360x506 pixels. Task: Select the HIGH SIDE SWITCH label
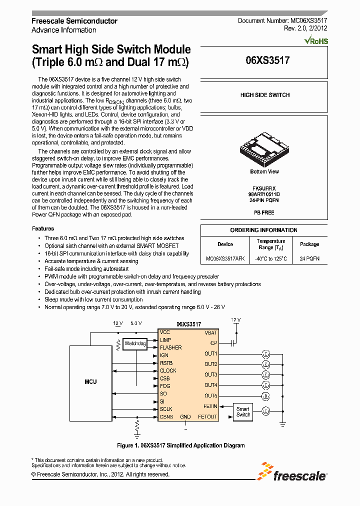pos(264,95)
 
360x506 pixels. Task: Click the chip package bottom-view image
pos(264,148)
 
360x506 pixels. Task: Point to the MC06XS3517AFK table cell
pos(225,258)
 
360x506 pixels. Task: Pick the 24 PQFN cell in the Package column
pos(309,258)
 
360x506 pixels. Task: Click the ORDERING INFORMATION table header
pos(263,230)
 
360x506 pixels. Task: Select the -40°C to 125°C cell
pos(270,258)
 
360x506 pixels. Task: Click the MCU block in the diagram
pos(90,381)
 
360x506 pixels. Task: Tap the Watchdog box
pos(135,343)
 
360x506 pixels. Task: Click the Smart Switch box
pos(243,411)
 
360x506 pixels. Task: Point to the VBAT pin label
pos(210,332)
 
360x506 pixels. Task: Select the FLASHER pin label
pos(170,347)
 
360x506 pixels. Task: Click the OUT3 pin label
pos(210,374)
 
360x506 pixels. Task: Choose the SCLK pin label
pos(166,409)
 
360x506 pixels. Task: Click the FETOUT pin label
pos(207,416)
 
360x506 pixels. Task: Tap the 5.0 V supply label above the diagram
pos(135,323)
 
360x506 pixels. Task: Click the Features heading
pos(42,228)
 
